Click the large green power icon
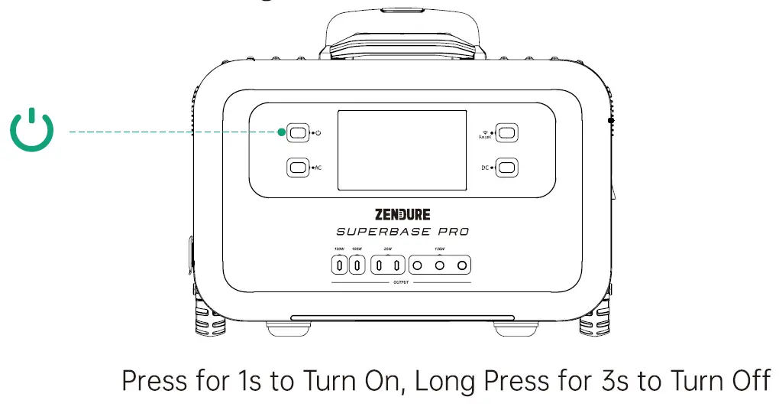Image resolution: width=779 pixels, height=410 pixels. click(x=32, y=131)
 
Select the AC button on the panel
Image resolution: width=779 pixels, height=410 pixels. click(x=298, y=167)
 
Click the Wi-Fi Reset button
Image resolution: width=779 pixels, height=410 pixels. click(x=506, y=132)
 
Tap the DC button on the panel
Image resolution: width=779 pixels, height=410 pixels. click(x=506, y=167)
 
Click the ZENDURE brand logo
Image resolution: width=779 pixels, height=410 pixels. click(x=402, y=214)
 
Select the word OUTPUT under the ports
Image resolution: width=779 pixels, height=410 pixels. click(x=401, y=283)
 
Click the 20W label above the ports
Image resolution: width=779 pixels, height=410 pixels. click(x=388, y=249)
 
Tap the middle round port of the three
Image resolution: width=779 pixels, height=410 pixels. click(x=439, y=266)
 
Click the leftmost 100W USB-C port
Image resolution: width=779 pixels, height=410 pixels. click(x=338, y=266)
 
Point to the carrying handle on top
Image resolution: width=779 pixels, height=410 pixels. click(x=402, y=31)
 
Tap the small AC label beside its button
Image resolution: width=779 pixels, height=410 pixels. click(x=318, y=168)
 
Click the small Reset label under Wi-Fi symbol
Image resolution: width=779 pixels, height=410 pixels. click(x=484, y=138)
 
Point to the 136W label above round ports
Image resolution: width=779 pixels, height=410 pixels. click(x=439, y=249)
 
